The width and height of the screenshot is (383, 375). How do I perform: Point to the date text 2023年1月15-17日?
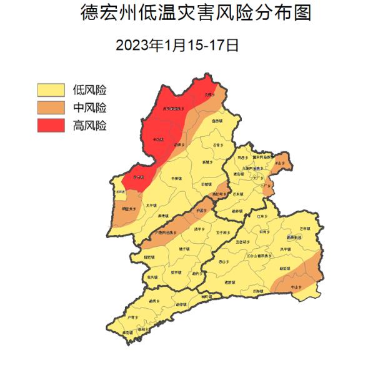(x=177, y=45)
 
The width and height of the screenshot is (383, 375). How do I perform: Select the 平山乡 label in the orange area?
(x=280, y=163)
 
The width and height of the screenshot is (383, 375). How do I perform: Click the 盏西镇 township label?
(x=217, y=120)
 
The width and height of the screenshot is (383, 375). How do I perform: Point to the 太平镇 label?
(x=151, y=204)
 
